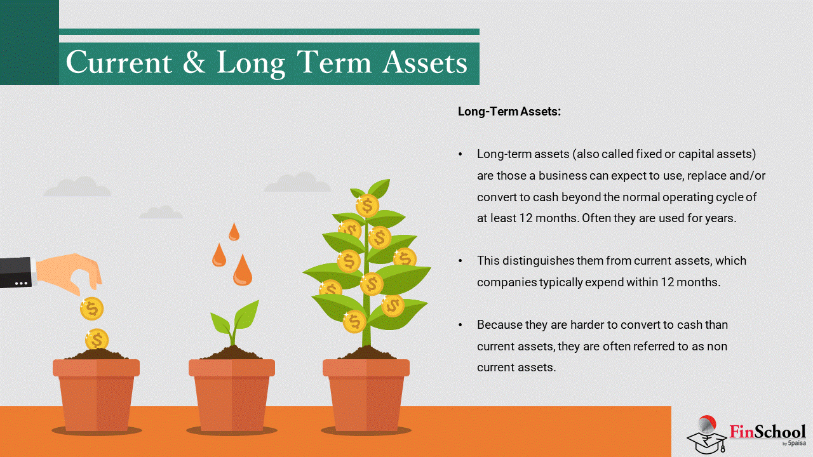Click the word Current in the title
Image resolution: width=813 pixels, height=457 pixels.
[x=119, y=62]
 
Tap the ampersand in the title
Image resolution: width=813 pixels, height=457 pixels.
[x=194, y=62]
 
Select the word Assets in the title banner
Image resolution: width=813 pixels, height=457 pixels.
[x=425, y=62]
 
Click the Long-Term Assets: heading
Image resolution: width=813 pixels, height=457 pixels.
[x=509, y=111]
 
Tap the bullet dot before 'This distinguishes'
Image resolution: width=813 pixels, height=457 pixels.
[x=460, y=261]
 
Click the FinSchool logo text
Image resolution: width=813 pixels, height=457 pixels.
[x=767, y=432]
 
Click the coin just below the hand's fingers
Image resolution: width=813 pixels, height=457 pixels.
[x=92, y=308]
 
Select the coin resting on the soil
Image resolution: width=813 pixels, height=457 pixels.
[x=97, y=340]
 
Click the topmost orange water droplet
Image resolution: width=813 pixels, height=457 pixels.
[x=234, y=232]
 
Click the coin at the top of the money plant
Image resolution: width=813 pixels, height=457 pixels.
[x=367, y=206]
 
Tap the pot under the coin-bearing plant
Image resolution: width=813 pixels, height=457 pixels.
[x=366, y=395]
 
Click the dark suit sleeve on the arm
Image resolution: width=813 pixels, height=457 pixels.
[x=17, y=273]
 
